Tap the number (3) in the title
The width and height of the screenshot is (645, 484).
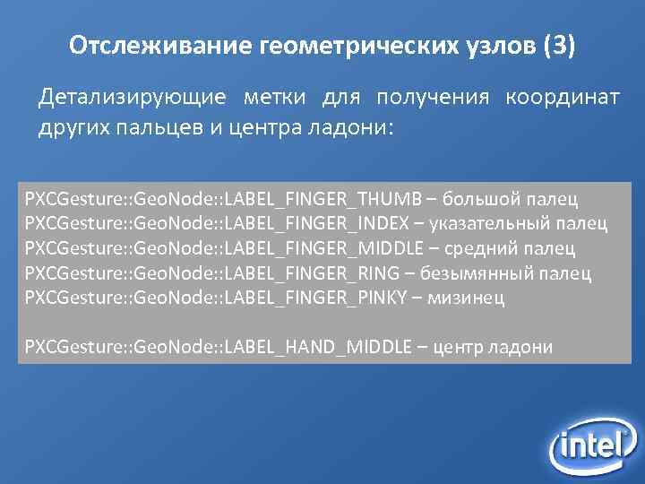click(559, 46)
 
